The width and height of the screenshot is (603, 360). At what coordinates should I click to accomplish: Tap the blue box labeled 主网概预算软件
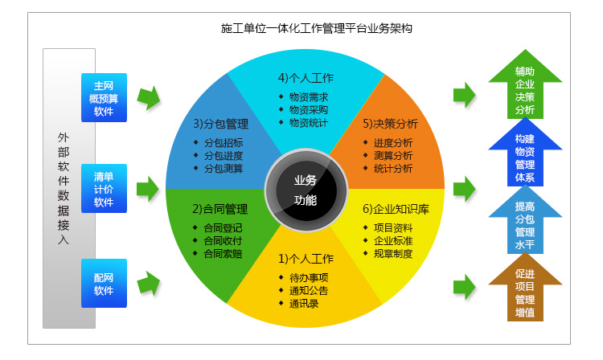[x=104, y=98]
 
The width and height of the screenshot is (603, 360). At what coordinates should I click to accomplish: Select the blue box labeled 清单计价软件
[x=104, y=189]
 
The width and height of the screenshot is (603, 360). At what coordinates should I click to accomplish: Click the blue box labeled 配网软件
[x=104, y=283]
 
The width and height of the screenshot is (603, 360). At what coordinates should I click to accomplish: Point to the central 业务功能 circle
[x=306, y=190]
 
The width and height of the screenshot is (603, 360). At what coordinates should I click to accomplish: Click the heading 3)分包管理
[x=220, y=125]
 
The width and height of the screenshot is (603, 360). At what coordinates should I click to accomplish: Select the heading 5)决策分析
[x=390, y=125]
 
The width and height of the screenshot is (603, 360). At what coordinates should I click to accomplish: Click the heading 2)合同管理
[x=219, y=209]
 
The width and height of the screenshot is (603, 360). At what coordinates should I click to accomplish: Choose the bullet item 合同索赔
[x=223, y=254]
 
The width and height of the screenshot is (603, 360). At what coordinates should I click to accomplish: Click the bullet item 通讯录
[x=303, y=304]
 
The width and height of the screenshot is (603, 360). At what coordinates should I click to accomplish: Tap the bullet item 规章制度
[x=393, y=254]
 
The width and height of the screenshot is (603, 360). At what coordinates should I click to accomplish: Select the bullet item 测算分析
[x=393, y=156]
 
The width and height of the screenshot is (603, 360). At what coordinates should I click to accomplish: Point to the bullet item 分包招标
[x=224, y=143]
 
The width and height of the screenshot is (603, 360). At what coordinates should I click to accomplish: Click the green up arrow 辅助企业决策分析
[x=525, y=88]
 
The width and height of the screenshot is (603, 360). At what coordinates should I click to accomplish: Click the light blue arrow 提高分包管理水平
[x=525, y=223]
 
